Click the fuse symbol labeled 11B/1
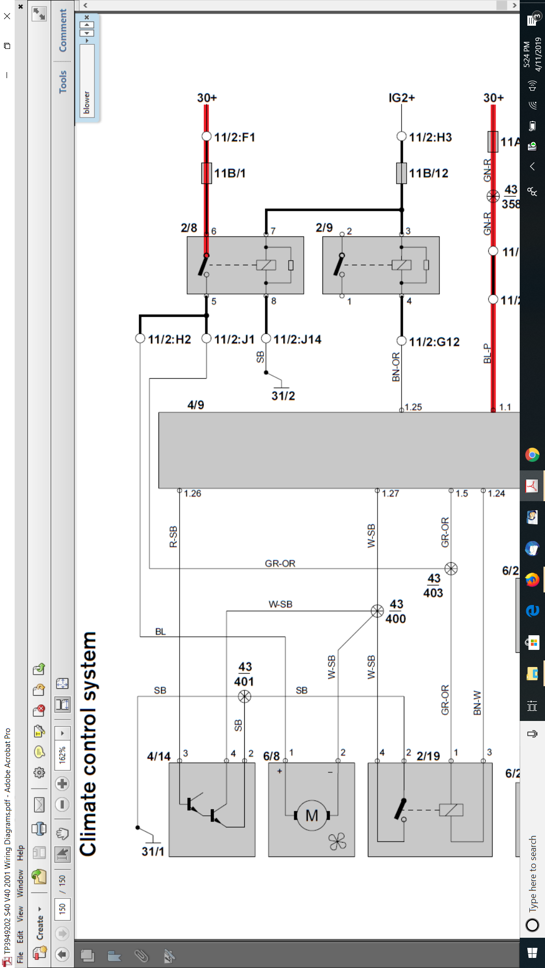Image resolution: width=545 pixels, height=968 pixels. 206,173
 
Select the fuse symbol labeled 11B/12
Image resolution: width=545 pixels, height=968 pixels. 401,173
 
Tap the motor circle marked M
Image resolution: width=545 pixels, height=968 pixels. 312,815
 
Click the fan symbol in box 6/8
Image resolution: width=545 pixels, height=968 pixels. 337,841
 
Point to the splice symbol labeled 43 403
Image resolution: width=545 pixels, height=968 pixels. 451,569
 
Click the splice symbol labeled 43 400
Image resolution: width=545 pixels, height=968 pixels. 377,611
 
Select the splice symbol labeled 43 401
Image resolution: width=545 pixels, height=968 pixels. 244,696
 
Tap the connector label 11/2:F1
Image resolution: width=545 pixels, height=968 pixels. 235,137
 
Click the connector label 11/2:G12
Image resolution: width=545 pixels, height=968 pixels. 434,342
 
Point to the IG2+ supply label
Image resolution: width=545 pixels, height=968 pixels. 402,98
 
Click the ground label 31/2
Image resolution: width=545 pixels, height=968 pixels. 283,396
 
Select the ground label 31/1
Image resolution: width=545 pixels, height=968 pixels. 153,852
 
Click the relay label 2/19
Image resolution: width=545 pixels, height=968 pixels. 428,756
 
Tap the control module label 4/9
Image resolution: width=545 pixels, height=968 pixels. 196,405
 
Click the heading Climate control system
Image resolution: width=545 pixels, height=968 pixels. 88,744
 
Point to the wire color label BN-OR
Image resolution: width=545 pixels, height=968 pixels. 396,367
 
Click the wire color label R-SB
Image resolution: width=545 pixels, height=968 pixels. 173,537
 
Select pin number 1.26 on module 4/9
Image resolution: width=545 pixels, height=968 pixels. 192,494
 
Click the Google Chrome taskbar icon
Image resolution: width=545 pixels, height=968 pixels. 532,455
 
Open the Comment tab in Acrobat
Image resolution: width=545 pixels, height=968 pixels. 63,30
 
